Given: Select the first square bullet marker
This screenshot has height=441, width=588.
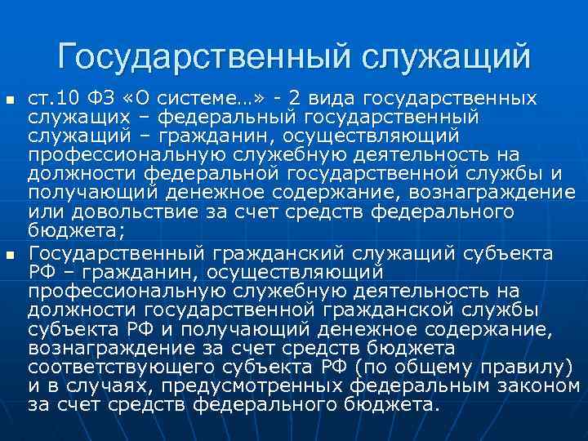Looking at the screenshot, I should click(10, 100).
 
